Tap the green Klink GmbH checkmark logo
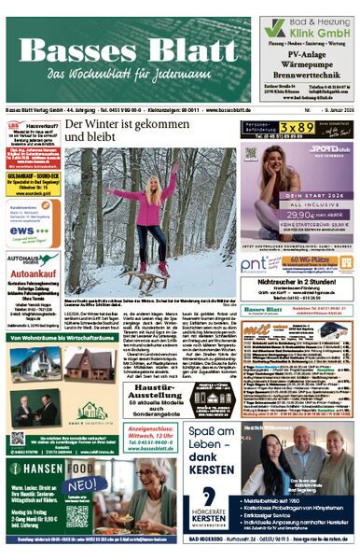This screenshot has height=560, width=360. pos(275,28)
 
